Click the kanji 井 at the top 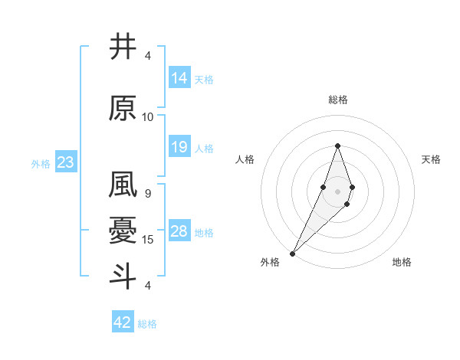pos(123,46)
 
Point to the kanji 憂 pos(123,231)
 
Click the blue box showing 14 pos(179,78)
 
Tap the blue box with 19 pos(179,147)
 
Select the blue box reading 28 pos(179,231)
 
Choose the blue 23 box pos(65,162)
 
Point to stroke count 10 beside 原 pos(148,117)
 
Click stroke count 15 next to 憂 pos(148,240)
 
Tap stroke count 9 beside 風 pos(148,194)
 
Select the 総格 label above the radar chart pos(338,100)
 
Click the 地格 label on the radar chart pos(402,262)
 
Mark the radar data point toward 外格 pos(293,253)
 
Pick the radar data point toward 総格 pos(337,146)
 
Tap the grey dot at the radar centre pos(337,191)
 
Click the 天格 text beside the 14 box pos(204,80)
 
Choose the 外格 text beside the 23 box pos(41,163)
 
